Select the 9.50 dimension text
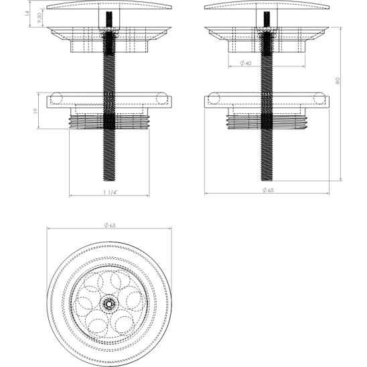pos(41,19)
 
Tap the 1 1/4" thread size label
pos(110,192)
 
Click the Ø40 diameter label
pos(245,63)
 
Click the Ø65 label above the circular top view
pos(109,225)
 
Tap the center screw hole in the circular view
pos(108,303)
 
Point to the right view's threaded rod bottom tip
pos(266,181)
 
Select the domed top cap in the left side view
pos(109,6)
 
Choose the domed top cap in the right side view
pos(267,6)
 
